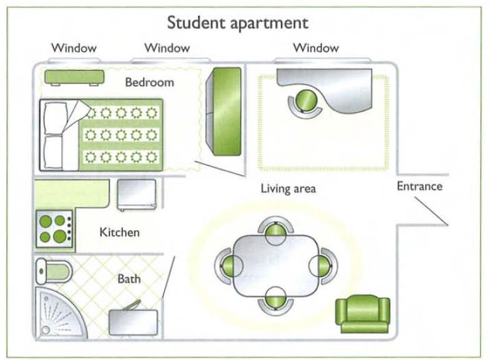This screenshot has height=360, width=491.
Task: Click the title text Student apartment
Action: point(237,23)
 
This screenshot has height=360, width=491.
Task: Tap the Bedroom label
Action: point(149,82)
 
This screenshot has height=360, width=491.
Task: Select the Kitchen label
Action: point(119,232)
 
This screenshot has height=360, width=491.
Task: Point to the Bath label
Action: point(129,279)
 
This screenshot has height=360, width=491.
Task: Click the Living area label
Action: point(288,188)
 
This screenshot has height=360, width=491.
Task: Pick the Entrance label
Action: point(419,186)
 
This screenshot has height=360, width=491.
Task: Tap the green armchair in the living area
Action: point(363,314)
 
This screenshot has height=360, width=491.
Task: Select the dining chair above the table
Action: point(275,231)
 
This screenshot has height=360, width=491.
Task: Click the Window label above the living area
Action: point(316,47)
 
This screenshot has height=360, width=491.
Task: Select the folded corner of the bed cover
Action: point(76,113)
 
